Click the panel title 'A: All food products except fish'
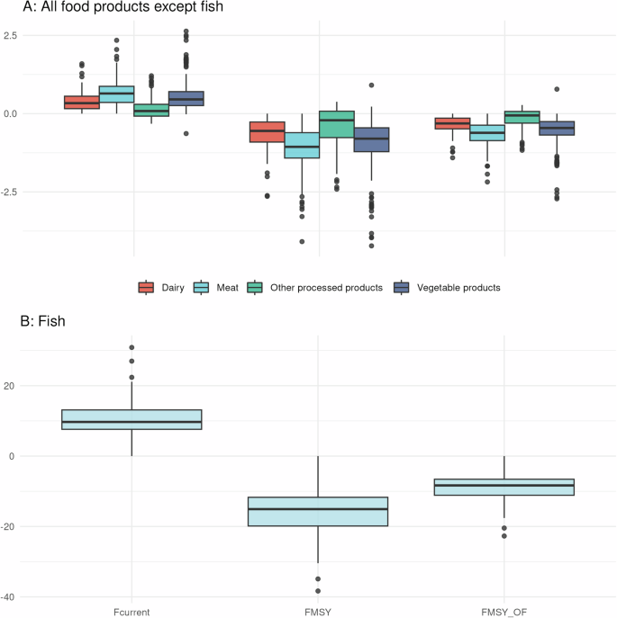(x=122, y=8)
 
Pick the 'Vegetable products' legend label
(x=458, y=288)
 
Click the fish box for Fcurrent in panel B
(x=132, y=419)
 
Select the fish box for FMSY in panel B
(x=318, y=511)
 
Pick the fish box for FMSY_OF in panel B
(x=504, y=487)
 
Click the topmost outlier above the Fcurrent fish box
(x=132, y=347)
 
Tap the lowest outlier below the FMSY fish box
(x=318, y=591)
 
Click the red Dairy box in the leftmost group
(x=81, y=102)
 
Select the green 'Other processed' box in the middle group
(x=337, y=124)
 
